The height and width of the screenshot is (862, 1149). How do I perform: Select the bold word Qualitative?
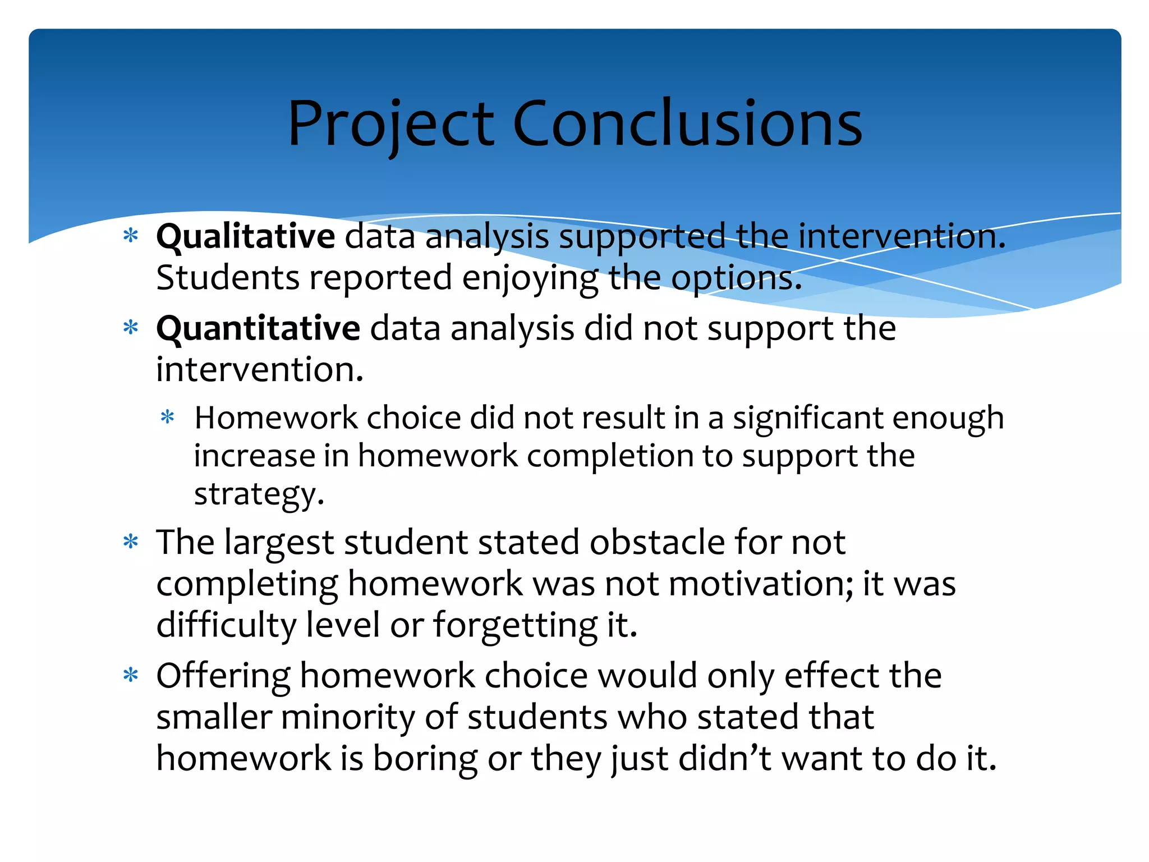pos(245,236)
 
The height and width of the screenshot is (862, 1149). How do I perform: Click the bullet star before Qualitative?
pos(131,235)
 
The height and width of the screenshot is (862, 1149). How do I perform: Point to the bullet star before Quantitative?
pos(131,327)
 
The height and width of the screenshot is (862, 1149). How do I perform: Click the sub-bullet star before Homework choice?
pos(167,418)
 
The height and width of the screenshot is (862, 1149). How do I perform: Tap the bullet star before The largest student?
pos(131,542)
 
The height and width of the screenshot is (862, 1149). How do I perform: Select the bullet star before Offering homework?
pos(131,675)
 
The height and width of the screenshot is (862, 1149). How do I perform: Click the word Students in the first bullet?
pos(228,278)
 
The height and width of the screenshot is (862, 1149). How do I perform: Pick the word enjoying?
pos(530,279)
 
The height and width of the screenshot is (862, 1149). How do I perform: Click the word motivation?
pos(761,584)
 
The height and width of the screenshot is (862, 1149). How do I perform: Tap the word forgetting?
pos(515,626)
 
